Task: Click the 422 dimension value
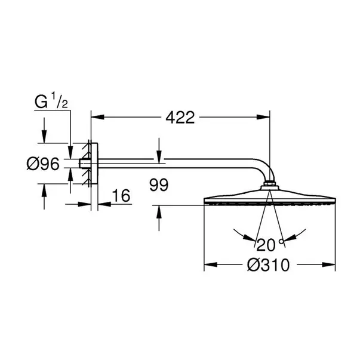180,118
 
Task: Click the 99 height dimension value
159,185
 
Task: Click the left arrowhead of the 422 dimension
96,118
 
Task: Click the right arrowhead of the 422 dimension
266,118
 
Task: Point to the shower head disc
270,198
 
